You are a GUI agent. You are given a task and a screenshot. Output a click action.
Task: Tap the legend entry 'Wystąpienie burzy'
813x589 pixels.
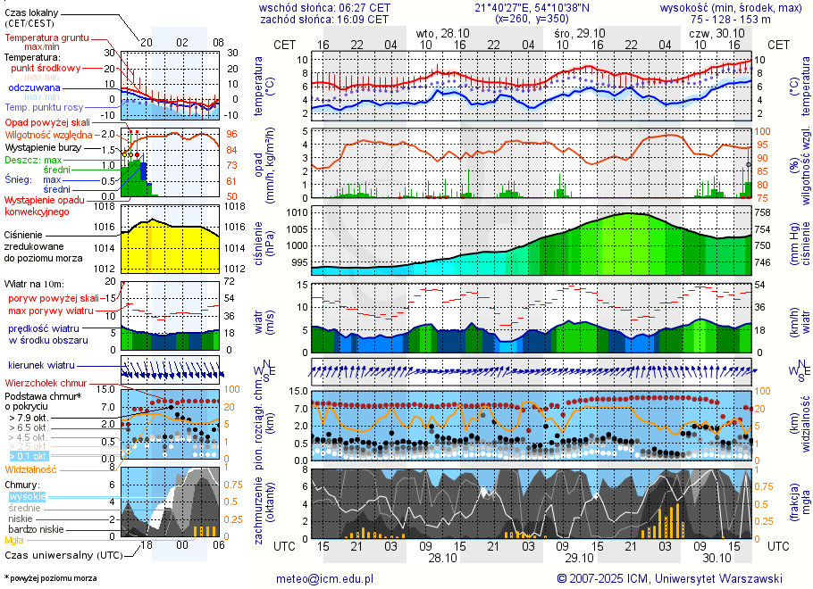tap(42, 146)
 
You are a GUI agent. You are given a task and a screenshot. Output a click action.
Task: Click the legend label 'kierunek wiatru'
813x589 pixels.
tap(41, 366)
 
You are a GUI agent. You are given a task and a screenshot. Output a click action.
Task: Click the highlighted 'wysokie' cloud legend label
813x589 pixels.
tap(26, 496)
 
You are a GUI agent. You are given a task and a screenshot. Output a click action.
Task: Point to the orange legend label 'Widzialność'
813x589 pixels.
tap(31, 469)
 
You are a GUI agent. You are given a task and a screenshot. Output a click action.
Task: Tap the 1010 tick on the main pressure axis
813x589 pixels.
tap(298, 213)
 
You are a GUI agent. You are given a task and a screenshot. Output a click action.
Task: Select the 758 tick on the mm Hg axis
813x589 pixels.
tap(762, 213)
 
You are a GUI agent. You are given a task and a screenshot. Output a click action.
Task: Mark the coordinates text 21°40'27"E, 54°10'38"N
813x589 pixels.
tap(518, 7)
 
